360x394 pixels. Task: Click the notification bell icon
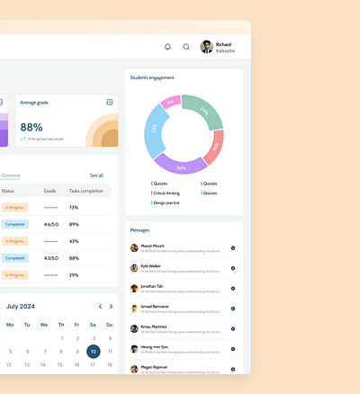(x=167, y=47)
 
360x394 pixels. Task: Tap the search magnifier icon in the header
(x=186, y=47)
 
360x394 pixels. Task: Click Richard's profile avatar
(x=206, y=47)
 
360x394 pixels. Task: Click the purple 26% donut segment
(x=181, y=166)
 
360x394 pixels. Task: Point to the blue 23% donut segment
(x=154, y=130)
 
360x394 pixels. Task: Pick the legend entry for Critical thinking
(x=167, y=193)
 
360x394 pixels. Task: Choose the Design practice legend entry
(x=167, y=202)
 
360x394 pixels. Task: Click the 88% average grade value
(x=31, y=128)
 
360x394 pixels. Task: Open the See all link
(x=96, y=175)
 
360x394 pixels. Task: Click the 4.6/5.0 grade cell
(x=50, y=224)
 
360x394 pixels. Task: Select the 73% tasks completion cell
(x=74, y=207)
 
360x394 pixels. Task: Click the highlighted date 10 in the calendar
(x=93, y=352)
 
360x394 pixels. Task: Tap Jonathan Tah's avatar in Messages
(x=134, y=288)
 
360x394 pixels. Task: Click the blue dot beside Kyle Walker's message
(x=232, y=268)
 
